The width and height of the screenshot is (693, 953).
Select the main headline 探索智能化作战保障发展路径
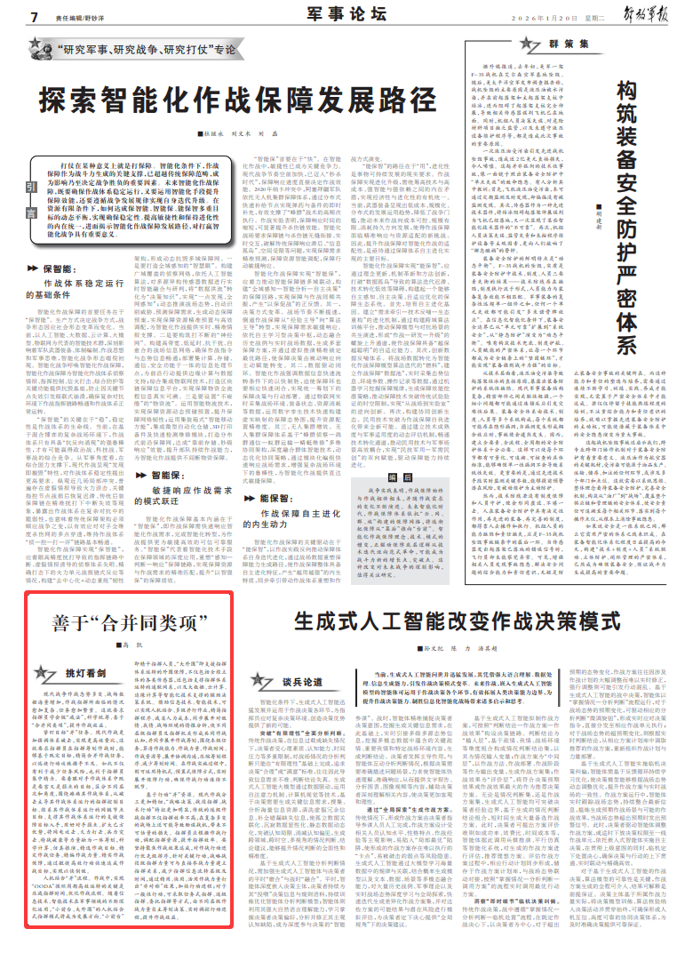[x=230, y=98]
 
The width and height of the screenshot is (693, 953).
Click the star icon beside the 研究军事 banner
[x=43, y=51]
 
